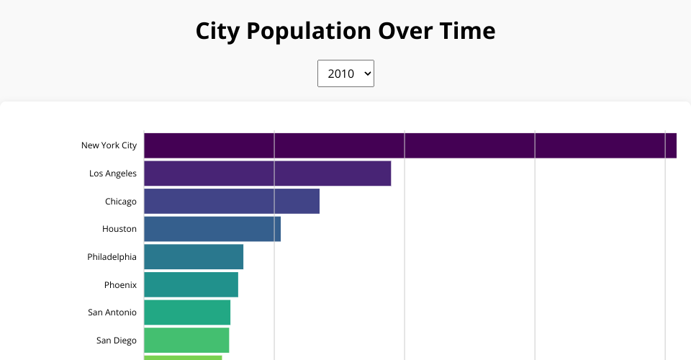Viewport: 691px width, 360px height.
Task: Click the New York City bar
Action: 410,145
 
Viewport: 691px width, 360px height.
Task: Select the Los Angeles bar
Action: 267,174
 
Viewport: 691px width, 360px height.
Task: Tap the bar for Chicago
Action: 232,201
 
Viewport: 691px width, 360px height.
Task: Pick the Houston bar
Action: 212,229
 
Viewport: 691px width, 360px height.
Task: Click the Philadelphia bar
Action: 194,256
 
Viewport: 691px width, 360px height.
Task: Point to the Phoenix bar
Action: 191,284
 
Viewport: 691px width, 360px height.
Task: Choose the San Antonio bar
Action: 187,312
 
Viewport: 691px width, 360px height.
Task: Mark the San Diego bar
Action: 186,340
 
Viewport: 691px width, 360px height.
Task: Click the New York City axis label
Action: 109,145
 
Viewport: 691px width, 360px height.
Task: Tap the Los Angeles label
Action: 113,174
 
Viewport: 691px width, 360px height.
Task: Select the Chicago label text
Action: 121,202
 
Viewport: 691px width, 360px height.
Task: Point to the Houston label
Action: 119,229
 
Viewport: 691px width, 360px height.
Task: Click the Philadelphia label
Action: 112,257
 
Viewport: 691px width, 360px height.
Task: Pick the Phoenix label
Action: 120,285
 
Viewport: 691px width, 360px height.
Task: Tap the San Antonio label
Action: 112,312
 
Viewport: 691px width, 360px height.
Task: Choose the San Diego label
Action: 117,341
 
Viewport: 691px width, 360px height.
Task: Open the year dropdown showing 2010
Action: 345,73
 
